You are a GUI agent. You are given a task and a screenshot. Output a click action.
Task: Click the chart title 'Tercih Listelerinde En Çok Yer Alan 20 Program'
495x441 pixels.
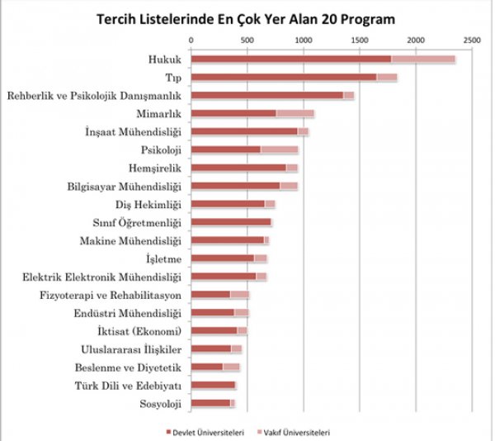[x=245, y=17]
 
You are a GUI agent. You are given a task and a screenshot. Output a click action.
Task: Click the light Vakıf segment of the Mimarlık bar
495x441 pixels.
[x=295, y=113]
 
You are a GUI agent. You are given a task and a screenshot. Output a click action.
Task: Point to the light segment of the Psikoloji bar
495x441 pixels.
[x=279, y=149]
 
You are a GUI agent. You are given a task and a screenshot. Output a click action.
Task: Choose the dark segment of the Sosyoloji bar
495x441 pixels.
[x=210, y=403]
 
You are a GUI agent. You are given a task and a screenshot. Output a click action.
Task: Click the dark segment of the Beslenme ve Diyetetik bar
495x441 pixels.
[x=206, y=367]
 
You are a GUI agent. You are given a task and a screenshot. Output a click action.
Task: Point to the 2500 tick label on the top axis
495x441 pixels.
[x=471, y=39]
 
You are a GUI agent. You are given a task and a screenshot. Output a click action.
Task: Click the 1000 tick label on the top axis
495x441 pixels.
[x=303, y=39]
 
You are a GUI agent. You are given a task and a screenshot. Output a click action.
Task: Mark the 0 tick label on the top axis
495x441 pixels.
[x=191, y=39]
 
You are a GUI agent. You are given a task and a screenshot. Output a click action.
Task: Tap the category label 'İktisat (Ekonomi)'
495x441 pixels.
[x=139, y=330]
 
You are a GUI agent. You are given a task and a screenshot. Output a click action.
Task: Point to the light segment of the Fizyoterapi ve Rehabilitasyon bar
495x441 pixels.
[x=239, y=294]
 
